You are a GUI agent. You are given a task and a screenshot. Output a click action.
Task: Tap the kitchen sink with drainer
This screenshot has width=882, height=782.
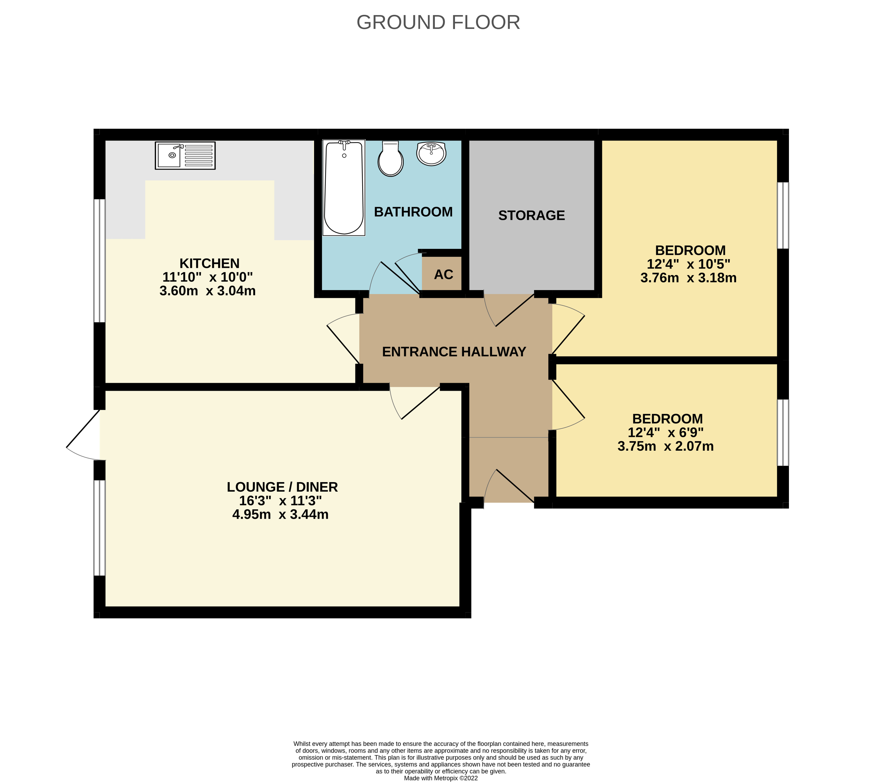pos(185,155)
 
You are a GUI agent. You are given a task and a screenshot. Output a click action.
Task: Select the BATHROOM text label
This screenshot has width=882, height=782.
pos(413,212)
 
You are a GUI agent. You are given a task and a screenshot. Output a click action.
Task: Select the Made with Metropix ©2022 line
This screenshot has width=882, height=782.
pos(441,778)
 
